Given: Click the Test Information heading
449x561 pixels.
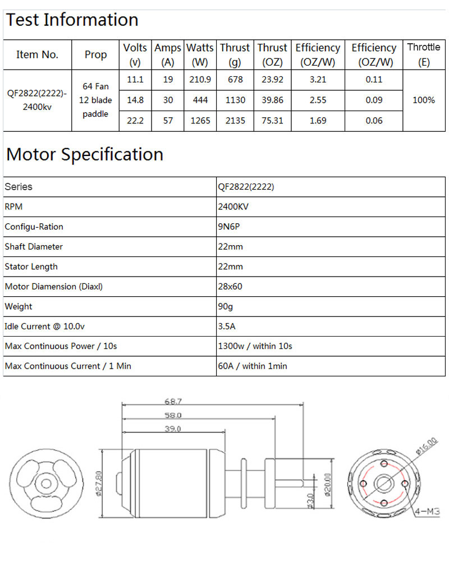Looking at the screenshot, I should (x=72, y=20).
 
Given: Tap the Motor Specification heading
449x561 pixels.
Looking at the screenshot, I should (x=85, y=154).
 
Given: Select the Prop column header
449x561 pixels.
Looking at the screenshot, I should (x=95, y=54).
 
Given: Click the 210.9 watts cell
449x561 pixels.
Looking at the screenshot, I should (x=200, y=80).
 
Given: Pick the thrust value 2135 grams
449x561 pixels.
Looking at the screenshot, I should (x=235, y=121).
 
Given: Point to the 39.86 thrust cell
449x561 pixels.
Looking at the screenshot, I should (x=272, y=100).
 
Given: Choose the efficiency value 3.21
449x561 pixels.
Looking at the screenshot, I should (x=318, y=80).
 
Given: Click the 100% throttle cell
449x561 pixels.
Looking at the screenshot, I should (x=424, y=100).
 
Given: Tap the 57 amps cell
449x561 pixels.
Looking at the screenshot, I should (x=168, y=121).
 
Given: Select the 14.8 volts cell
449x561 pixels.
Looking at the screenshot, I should (x=135, y=100).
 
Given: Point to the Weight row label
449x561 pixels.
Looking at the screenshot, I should (x=19, y=306).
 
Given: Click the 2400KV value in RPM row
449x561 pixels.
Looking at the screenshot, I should (x=233, y=206).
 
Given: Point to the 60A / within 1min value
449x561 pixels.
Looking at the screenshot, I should (x=252, y=366).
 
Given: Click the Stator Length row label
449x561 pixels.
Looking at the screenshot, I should (x=31, y=266).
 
